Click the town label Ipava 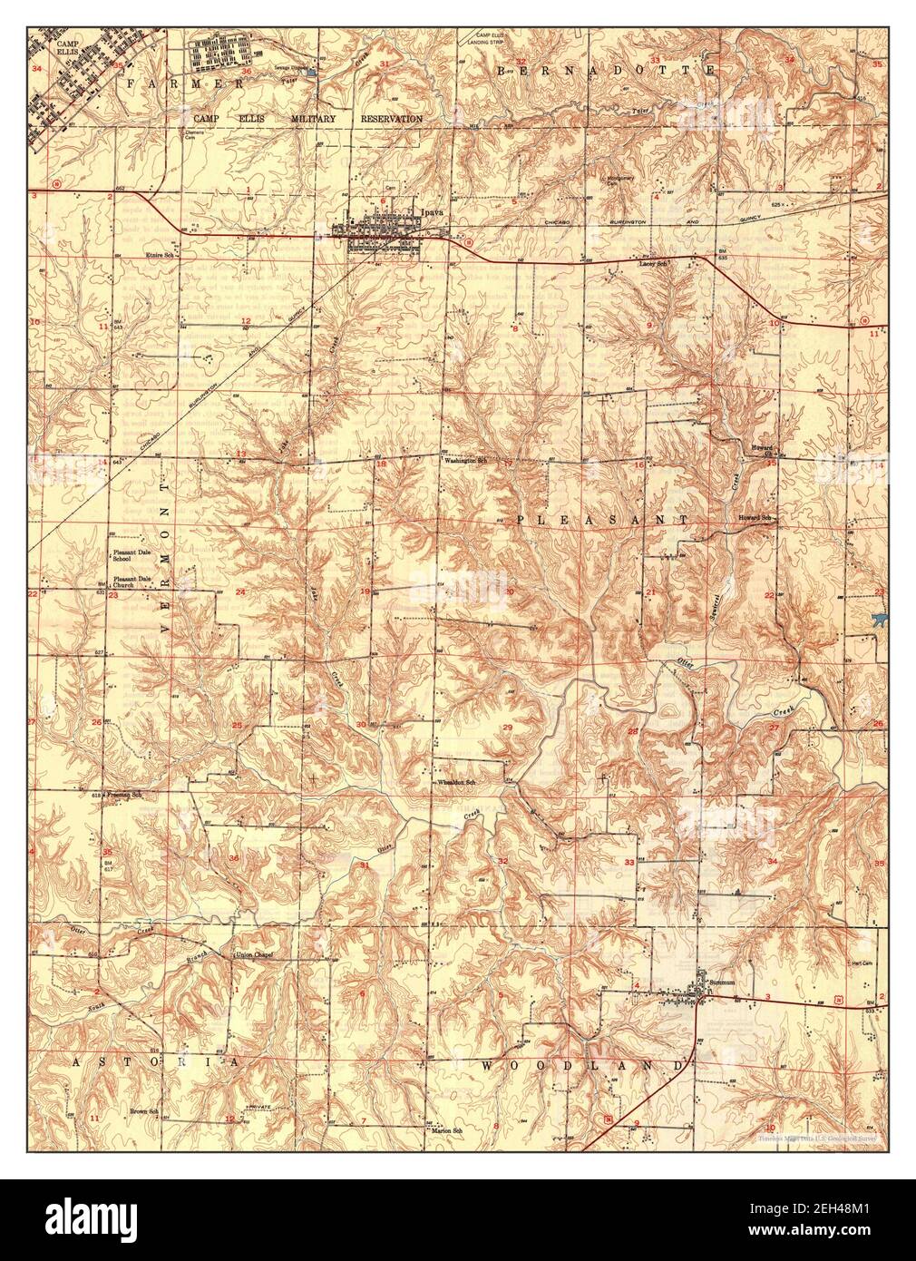(433, 212)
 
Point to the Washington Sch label (465, 462)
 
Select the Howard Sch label (755, 518)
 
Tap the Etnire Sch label (159, 256)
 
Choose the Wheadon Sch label (457, 781)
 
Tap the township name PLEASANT (602, 519)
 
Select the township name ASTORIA (154, 1061)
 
